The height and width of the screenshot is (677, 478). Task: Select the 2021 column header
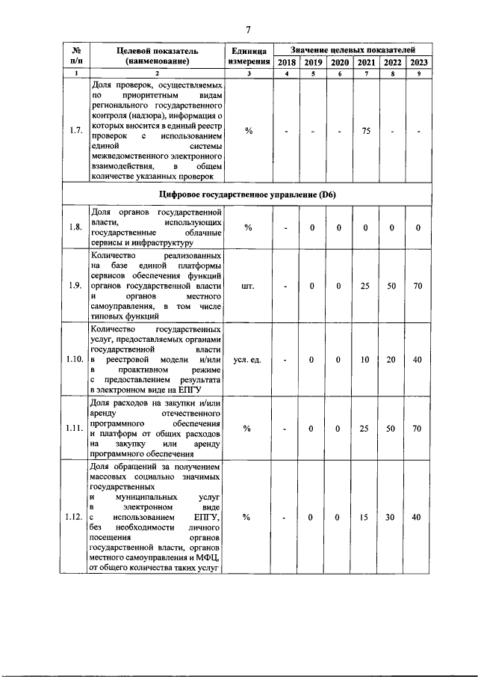point(365,63)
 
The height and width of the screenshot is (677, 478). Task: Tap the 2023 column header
point(418,63)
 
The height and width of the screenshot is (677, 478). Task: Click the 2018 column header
point(286,63)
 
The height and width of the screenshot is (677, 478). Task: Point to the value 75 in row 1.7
point(366,131)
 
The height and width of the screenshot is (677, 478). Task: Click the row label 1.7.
point(75,131)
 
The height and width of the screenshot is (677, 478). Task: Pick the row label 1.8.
point(75,227)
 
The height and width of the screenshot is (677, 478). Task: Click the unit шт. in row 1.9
point(249,285)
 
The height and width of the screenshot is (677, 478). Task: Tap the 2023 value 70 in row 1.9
point(418,285)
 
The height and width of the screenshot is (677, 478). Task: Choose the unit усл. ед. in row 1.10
point(249,360)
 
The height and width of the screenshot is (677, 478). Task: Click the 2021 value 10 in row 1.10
point(365,360)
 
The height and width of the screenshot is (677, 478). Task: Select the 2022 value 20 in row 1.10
point(392,360)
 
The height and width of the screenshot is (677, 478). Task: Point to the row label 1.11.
point(75,429)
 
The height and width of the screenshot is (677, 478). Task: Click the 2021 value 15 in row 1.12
point(365,517)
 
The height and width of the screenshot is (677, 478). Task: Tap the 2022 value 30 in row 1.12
point(392,517)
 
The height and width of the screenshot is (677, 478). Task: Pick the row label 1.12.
point(75,517)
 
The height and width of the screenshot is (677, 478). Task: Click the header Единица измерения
point(249,55)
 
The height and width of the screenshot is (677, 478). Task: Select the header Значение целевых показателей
point(352,48)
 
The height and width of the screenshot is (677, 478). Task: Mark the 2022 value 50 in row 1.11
point(392,429)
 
